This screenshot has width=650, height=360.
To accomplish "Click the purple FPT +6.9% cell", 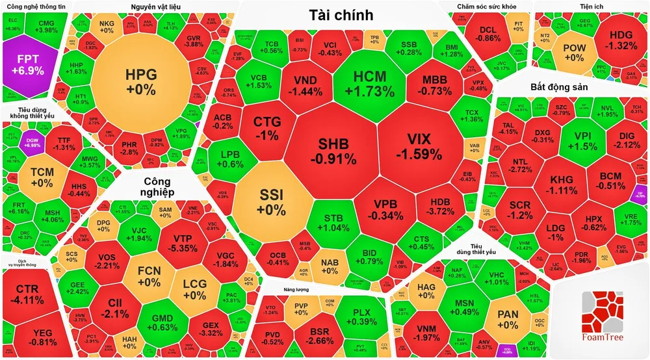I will click(27, 61).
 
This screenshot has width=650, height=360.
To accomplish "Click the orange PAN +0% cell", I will click(507, 319).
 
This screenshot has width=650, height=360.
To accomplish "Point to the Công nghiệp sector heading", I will click(156, 186).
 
